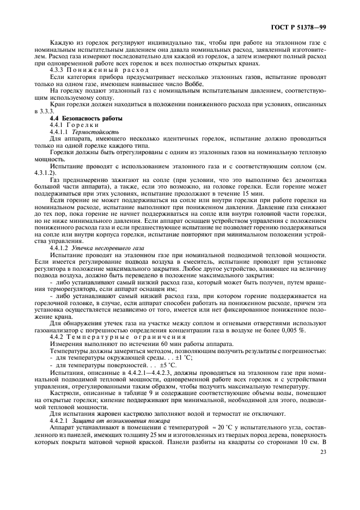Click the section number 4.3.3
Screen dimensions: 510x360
58,71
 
